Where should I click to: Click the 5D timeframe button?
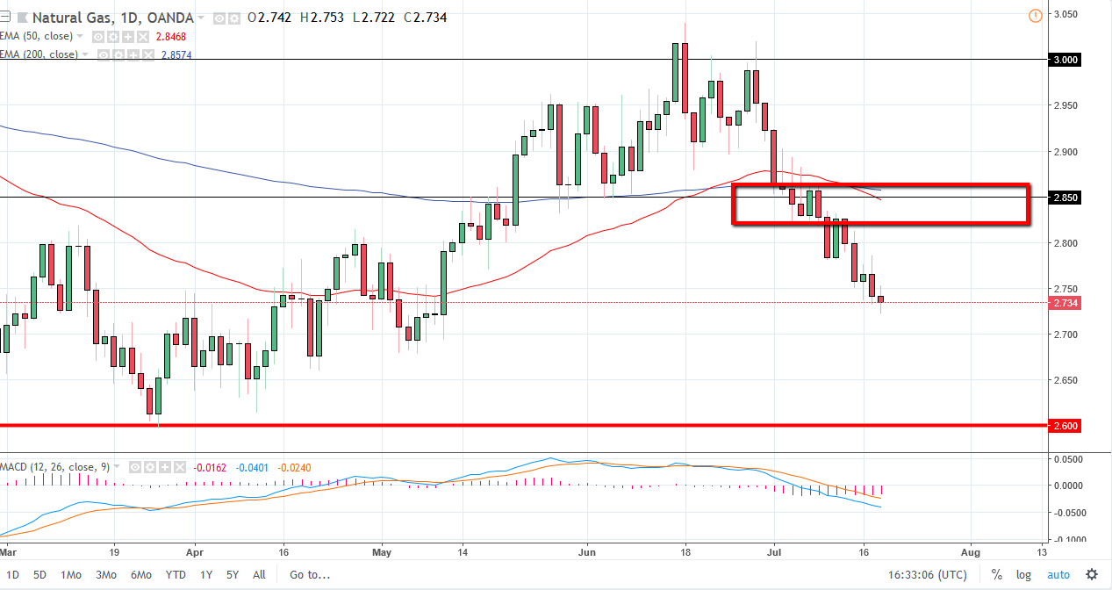40,575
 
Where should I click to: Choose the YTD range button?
176,575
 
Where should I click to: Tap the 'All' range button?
259,575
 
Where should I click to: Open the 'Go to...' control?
311,575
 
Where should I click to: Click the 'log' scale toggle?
1024,575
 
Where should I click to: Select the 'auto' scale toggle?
1058,575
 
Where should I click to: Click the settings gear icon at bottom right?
1091,574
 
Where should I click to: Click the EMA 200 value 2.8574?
177,54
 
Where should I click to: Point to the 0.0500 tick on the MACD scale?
1070,459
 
